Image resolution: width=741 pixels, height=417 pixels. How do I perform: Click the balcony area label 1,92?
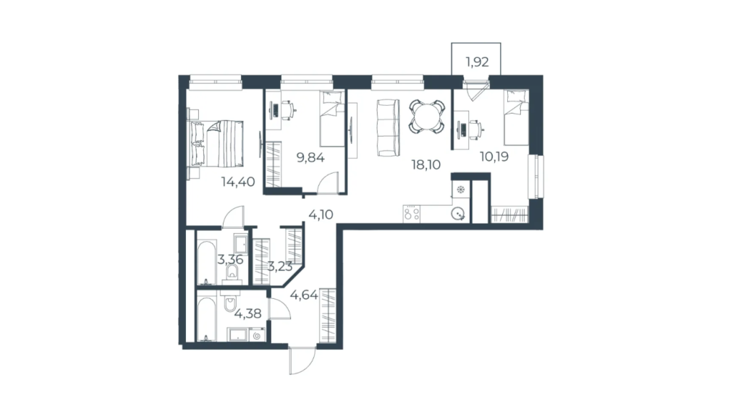coord(477,62)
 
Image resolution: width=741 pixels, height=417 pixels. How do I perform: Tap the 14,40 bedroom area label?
coord(238,182)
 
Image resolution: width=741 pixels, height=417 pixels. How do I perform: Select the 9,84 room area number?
coord(310,157)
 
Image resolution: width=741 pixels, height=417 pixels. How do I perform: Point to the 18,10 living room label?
coord(425,164)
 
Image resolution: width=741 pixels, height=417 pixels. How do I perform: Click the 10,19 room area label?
coord(494,156)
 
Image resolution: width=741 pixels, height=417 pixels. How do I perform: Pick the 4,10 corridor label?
coord(321,214)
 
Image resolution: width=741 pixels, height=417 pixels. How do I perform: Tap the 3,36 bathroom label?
coord(231,259)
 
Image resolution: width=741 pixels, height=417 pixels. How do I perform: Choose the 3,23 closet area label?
coord(280,266)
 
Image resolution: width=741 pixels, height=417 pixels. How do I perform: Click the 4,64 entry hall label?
coord(304,295)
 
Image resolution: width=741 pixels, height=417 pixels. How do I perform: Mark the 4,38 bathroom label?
coord(247,313)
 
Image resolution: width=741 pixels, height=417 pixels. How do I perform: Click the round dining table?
coord(427,117)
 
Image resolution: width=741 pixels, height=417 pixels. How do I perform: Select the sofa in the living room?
coord(389,127)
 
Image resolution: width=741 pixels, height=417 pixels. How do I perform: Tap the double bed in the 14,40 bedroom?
coord(217,143)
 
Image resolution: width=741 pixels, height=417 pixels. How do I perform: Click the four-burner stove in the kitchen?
coord(412,214)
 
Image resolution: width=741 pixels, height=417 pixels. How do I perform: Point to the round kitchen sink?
coord(458,214)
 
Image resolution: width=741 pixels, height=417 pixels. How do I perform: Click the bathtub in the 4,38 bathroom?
coord(206,319)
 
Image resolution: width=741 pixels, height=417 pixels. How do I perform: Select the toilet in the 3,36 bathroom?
coord(232,271)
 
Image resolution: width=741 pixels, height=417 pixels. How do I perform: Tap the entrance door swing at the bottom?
coord(302,361)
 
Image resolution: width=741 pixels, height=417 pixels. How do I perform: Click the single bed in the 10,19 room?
coord(516,118)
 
